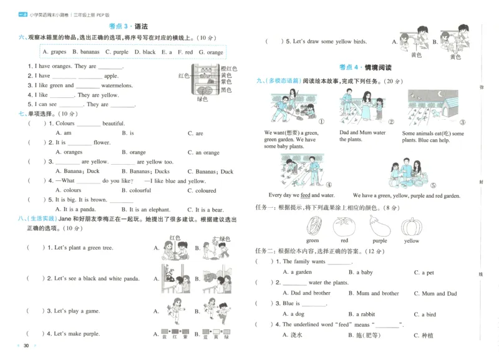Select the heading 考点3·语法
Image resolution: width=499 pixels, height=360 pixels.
click(128, 26)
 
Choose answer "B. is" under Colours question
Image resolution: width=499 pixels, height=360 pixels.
click(128, 133)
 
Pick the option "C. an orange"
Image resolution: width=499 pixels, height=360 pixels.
click(203, 152)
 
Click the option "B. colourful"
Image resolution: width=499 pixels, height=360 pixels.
click(136, 191)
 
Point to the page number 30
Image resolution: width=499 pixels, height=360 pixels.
click(26, 346)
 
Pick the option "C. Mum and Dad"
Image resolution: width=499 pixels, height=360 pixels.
click(435, 293)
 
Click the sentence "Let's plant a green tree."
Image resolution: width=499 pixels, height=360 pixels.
click(83, 248)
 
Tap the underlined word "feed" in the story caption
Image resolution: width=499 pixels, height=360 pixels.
click(306, 195)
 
